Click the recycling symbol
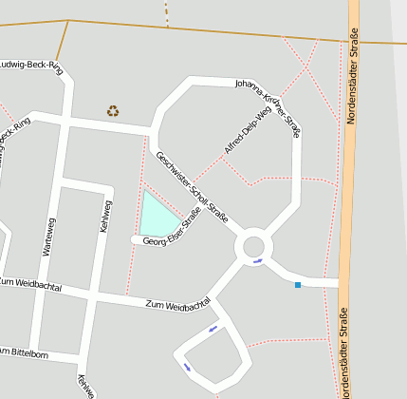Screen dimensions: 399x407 tap(113, 111)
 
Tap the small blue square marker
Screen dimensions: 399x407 tap(298, 284)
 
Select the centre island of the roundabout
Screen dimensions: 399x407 tap(254, 247)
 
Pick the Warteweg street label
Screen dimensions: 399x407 tap(49, 237)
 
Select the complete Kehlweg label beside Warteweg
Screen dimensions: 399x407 tap(106, 218)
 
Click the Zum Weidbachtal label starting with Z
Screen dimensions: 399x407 tap(178, 306)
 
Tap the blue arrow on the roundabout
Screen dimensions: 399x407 tap(258, 261)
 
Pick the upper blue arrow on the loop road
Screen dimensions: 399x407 tap(213, 329)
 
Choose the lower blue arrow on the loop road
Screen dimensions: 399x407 tap(187, 367)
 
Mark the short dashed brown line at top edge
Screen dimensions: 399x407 tap(167, 12)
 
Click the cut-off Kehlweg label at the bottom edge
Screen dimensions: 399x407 tap(85, 385)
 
